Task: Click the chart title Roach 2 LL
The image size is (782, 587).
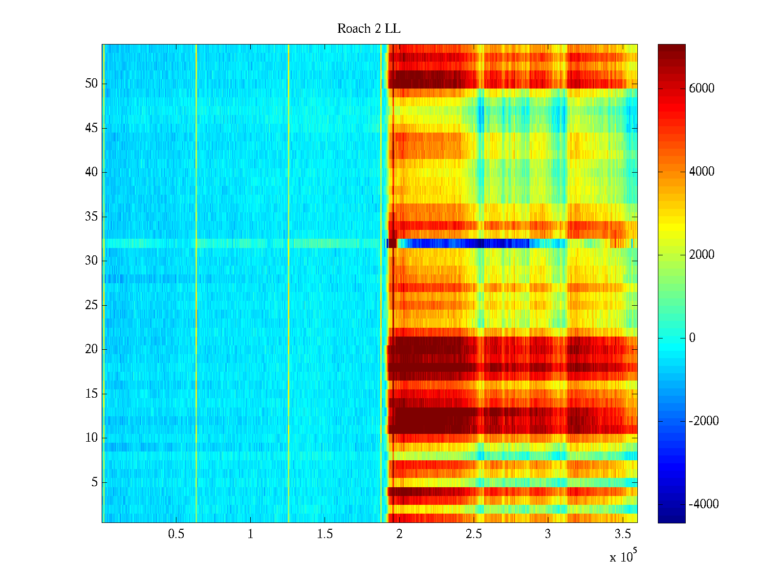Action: [x=369, y=29]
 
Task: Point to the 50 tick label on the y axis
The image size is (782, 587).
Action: [x=91, y=84]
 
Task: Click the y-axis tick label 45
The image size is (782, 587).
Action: [x=91, y=128]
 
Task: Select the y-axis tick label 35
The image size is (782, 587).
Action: [x=91, y=217]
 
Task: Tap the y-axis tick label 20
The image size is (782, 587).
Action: [x=91, y=349]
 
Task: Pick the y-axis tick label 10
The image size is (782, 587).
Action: [x=91, y=438]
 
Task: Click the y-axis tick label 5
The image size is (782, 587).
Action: [x=94, y=482]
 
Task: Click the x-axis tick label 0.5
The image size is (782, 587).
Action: [x=176, y=534]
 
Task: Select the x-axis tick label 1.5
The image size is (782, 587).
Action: [x=325, y=534]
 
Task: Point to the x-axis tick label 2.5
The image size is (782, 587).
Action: [x=473, y=534]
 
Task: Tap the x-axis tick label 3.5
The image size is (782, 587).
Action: [x=622, y=534]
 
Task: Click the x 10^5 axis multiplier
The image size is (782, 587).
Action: [x=623, y=556]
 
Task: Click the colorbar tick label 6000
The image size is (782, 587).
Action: [x=702, y=89]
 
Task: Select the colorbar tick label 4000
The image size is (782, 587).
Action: [x=702, y=172]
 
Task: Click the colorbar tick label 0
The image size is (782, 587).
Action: [x=692, y=338]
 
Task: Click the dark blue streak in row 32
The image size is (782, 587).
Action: [x=464, y=243]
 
